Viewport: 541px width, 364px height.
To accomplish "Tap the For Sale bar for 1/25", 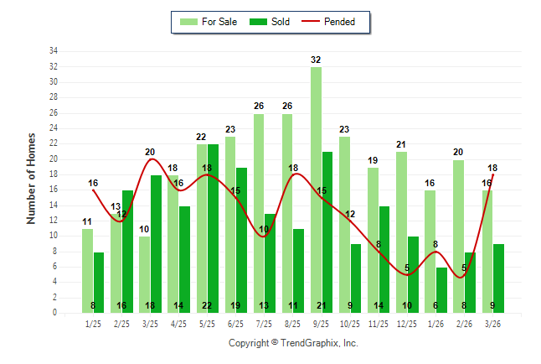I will click(x=87, y=270).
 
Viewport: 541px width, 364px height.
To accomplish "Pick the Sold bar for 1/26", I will click(x=441, y=289).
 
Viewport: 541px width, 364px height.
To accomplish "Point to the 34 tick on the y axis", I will click(x=54, y=51).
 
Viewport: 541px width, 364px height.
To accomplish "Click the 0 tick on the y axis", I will click(x=55, y=313).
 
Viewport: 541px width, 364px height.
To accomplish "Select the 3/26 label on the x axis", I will click(x=492, y=323).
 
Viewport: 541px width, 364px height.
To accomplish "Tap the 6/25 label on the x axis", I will click(x=235, y=323).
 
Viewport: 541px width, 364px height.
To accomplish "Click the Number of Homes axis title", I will click(x=32, y=178).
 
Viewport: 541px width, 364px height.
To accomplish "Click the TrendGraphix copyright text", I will click(x=293, y=343).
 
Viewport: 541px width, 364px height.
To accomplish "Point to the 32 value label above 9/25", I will click(x=316, y=60).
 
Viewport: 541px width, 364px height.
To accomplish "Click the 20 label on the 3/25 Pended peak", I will click(x=150, y=153).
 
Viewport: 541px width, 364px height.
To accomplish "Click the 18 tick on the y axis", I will click(x=54, y=174).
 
